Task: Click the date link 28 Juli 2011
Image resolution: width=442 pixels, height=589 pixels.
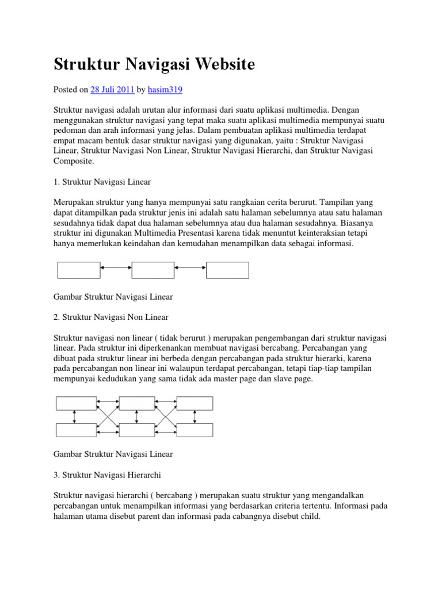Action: pos(113,90)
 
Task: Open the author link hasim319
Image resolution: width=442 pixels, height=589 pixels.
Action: pos(165,90)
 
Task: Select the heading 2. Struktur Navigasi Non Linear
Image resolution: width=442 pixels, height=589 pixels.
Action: pos(111,317)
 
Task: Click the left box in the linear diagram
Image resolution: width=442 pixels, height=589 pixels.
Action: pos(79,270)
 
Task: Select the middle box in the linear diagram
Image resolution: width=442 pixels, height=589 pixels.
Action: pos(153,270)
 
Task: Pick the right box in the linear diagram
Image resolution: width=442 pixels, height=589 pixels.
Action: pos(227,270)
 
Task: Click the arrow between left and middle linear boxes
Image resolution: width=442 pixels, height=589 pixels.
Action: pos(116,268)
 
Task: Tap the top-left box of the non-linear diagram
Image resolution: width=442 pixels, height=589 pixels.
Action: pos(75,403)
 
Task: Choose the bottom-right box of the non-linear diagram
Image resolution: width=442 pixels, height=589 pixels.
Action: pos(195,429)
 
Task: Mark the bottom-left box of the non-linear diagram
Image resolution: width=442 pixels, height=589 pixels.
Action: pos(75,429)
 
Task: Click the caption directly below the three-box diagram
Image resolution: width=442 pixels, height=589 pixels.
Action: pos(113,297)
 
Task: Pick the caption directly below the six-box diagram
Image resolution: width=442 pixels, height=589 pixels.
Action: pos(113,454)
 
